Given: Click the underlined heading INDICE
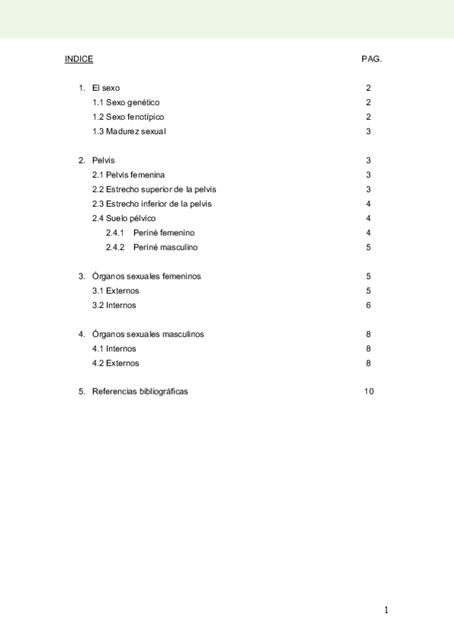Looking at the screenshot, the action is pyautogui.click(x=79, y=59).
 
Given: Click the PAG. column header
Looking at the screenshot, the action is pyautogui.click(x=371, y=59).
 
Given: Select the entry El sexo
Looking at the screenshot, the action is pyautogui.click(x=106, y=88).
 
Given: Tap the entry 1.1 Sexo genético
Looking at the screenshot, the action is pyautogui.click(x=126, y=102).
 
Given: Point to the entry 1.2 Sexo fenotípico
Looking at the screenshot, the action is pyautogui.click(x=128, y=117).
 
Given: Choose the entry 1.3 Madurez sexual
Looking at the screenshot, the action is pyautogui.click(x=129, y=131).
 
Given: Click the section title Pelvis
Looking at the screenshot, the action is pyautogui.click(x=104, y=160).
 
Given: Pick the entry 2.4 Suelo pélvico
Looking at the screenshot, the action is pyautogui.click(x=124, y=218).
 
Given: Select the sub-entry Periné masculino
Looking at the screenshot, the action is pyautogui.click(x=165, y=247).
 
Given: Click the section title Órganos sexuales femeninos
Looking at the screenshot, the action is pyautogui.click(x=146, y=276).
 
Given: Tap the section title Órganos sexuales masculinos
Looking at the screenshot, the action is pyautogui.click(x=148, y=334).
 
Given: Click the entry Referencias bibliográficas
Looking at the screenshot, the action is pyautogui.click(x=139, y=391).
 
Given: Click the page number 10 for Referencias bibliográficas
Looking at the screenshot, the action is pyautogui.click(x=369, y=391).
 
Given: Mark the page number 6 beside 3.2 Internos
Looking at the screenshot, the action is pyautogui.click(x=368, y=305).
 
